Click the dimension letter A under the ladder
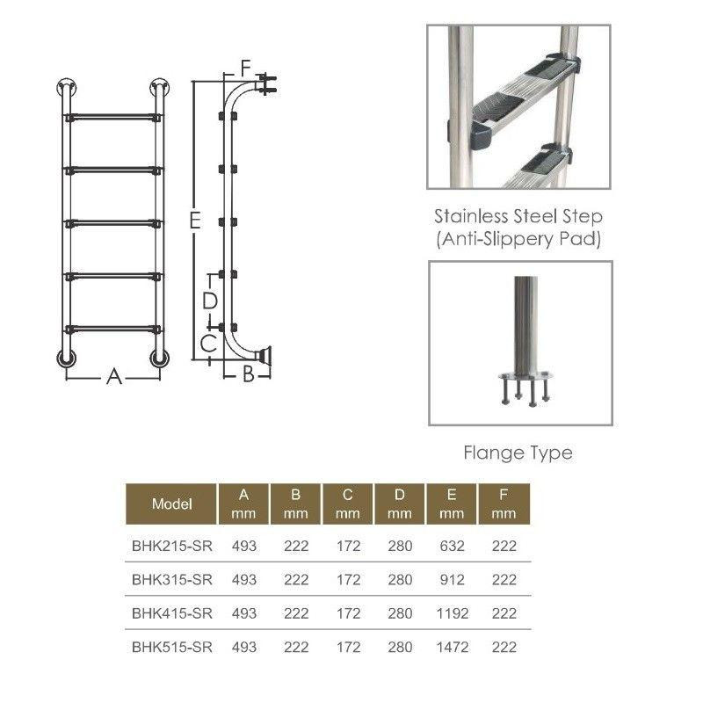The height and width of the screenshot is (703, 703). [x=114, y=377]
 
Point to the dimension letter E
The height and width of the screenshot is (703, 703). [x=194, y=221]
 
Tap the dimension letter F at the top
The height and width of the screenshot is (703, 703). [x=245, y=69]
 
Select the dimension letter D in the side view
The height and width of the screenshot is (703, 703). [x=209, y=301]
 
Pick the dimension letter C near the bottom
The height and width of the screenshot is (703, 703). [x=208, y=344]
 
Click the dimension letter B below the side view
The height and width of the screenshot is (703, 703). [x=248, y=374]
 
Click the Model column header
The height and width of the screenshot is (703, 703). [x=171, y=504]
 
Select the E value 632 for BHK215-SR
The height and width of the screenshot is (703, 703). [x=452, y=546]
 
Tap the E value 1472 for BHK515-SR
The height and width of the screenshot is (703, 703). [x=452, y=647]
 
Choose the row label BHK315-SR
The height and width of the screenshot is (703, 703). [x=171, y=580]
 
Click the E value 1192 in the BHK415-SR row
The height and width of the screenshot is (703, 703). [x=452, y=613]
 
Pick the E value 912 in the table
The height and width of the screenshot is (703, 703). [x=452, y=580]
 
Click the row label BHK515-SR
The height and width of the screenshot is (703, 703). [x=171, y=647]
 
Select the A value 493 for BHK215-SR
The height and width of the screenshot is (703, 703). [x=244, y=546]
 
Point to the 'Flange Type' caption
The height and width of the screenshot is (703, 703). [x=518, y=453]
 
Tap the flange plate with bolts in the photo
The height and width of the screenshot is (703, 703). [x=525, y=387]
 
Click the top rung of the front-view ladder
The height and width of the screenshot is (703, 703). [x=113, y=118]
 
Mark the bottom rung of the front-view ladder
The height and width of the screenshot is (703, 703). [x=113, y=330]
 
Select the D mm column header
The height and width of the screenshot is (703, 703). [x=400, y=504]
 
